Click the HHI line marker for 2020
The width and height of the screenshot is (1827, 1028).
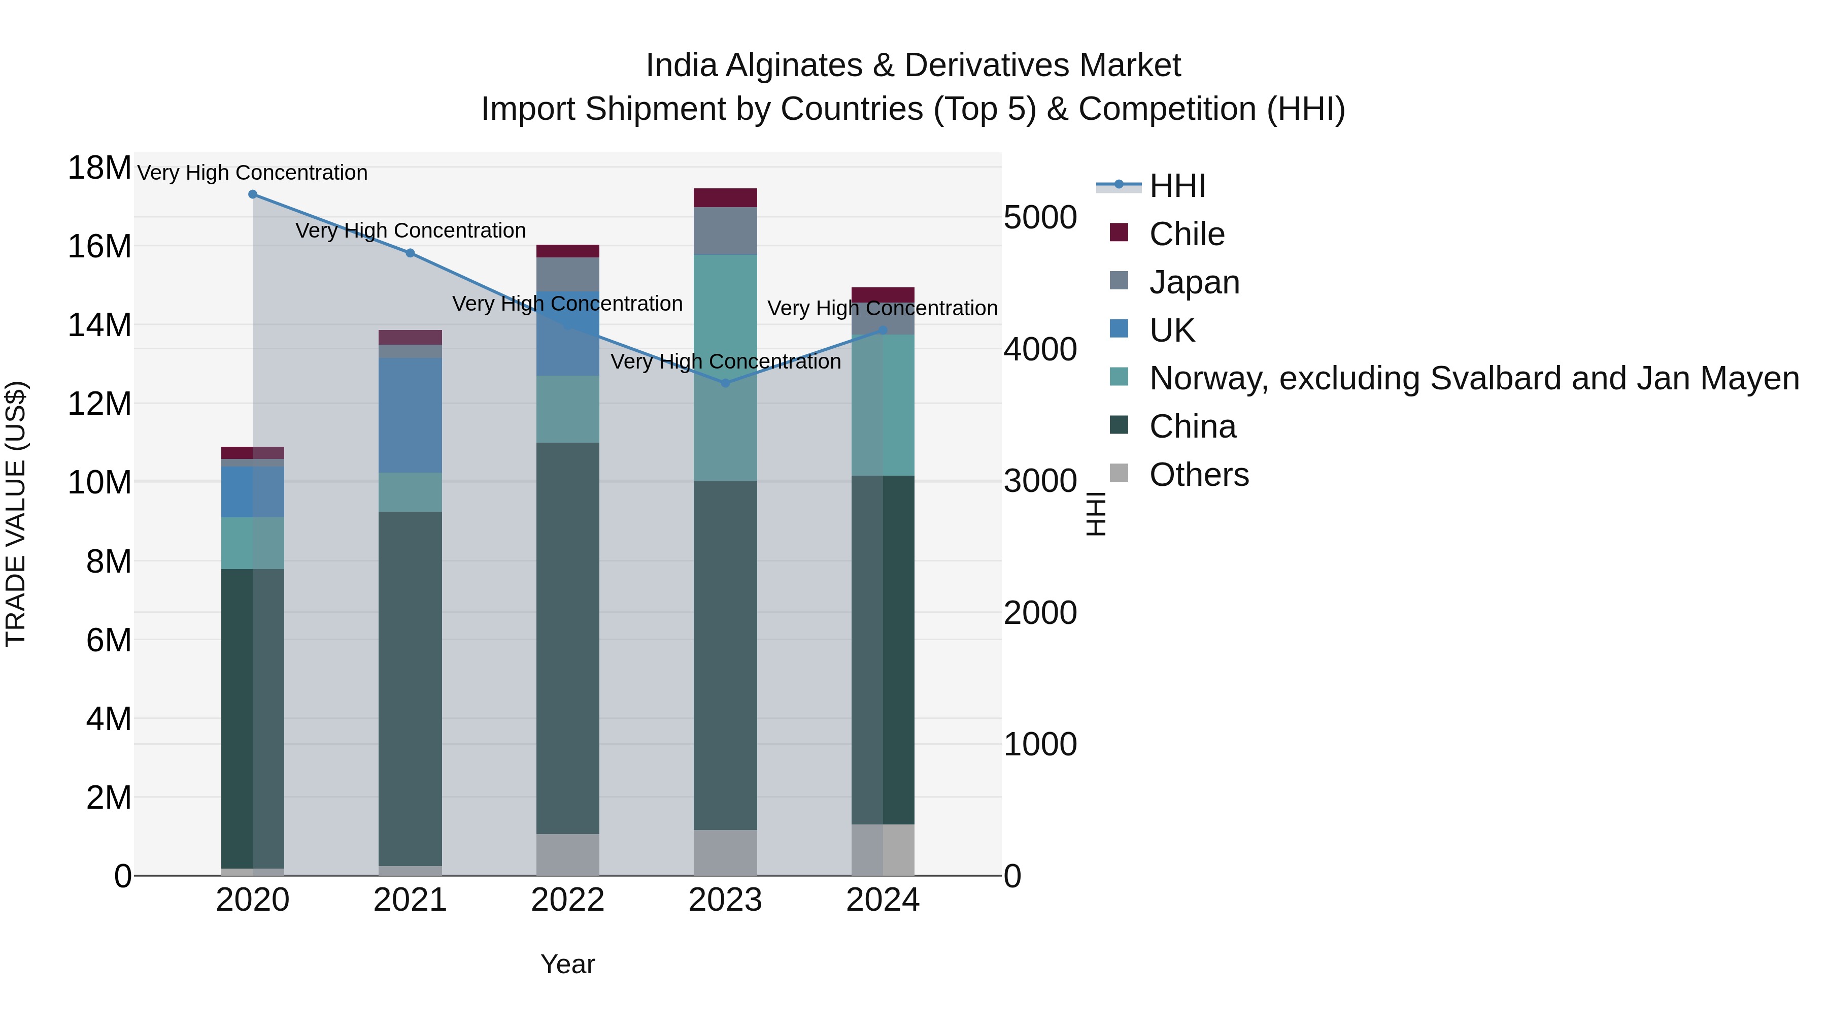(x=253, y=194)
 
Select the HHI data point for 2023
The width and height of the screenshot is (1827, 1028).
(x=725, y=383)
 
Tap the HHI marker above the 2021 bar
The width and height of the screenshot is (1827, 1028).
(x=410, y=253)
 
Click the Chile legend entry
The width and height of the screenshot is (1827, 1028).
(x=1187, y=234)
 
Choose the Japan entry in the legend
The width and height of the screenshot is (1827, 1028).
(x=1194, y=282)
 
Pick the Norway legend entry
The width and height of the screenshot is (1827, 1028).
(x=1474, y=379)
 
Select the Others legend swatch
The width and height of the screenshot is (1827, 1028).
(x=1119, y=473)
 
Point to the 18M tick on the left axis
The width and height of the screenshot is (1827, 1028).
(x=99, y=168)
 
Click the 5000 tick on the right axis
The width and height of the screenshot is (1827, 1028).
(x=1040, y=217)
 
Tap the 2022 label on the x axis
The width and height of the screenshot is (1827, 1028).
(x=567, y=900)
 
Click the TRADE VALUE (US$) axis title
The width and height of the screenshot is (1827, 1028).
(x=16, y=514)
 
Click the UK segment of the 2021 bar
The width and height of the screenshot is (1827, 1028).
(x=410, y=415)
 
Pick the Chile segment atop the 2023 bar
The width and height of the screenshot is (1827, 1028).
(x=725, y=197)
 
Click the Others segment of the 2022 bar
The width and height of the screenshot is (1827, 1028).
(x=567, y=854)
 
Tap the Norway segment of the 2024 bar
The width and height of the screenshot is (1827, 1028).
(x=883, y=405)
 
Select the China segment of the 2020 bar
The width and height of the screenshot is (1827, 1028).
(x=253, y=718)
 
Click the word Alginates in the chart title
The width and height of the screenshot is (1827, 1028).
(x=793, y=65)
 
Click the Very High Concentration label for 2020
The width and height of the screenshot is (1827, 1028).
(x=253, y=173)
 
